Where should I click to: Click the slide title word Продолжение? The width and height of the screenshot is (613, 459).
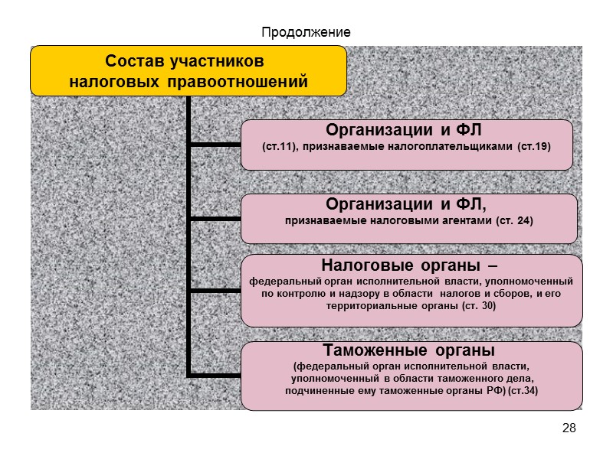click(x=306, y=32)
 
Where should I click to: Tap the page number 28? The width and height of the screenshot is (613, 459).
click(x=569, y=427)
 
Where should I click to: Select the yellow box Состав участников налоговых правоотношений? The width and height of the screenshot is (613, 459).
click(x=188, y=70)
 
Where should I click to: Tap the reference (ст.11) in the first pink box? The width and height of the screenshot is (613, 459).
click(x=277, y=145)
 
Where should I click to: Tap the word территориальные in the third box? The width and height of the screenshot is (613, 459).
click(x=366, y=306)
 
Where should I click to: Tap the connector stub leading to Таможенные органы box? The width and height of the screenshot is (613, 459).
click(x=215, y=375)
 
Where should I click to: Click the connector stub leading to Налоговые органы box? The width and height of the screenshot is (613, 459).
click(x=215, y=291)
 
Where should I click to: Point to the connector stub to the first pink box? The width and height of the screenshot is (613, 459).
click(x=215, y=143)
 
